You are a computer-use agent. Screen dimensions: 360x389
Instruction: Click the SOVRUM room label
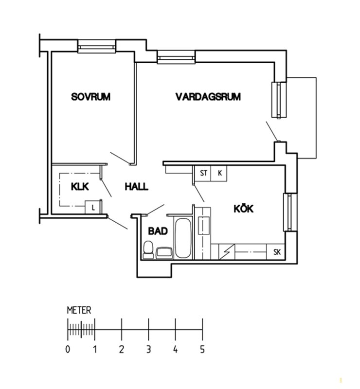tap(90, 96)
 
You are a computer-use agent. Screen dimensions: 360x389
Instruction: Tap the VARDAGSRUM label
tap(208, 96)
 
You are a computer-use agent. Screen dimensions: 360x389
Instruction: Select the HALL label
tap(136, 187)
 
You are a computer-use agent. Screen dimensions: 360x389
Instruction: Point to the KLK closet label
tap(80, 187)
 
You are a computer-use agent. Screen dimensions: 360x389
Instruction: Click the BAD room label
tap(158, 231)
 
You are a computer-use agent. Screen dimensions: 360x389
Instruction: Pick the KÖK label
tap(244, 209)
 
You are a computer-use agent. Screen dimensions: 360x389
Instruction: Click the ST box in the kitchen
tap(203, 173)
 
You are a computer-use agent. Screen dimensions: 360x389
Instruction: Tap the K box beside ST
tap(219, 173)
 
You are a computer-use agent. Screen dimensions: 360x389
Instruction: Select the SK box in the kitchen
tap(277, 252)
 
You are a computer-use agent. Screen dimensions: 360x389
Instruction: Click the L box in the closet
tap(93, 207)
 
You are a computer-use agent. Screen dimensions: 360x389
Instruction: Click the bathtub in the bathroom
tap(183, 238)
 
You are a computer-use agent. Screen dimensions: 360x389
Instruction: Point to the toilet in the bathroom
tap(148, 249)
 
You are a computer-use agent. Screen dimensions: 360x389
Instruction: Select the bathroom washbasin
tap(164, 253)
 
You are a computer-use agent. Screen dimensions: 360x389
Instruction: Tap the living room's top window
tap(176, 57)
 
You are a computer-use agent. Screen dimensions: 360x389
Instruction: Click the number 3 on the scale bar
tap(148, 350)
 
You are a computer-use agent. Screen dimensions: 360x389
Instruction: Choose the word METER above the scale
tap(79, 310)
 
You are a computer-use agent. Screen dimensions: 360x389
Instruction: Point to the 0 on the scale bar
tap(68, 350)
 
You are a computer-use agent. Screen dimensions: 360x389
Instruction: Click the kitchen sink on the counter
tap(203, 226)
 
